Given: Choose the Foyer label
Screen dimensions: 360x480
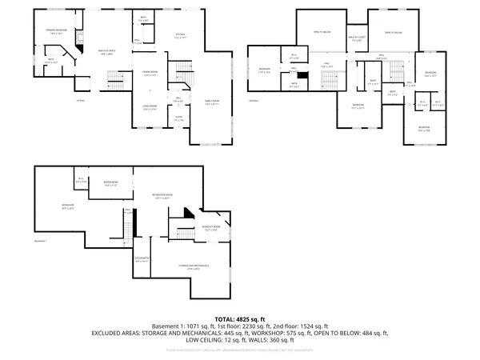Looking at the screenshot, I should pyautogui.click(x=179, y=118).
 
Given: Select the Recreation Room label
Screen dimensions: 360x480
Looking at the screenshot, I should pyautogui.click(x=162, y=196).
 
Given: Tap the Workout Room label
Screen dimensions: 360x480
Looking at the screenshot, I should pyautogui.click(x=211, y=228).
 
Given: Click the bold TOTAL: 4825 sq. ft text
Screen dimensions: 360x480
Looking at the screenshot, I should pyautogui.click(x=240, y=319).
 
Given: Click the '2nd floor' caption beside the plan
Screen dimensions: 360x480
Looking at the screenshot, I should pyautogui.click(x=253, y=101).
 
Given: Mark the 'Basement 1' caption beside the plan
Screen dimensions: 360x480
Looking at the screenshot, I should pyautogui.click(x=42, y=241).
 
